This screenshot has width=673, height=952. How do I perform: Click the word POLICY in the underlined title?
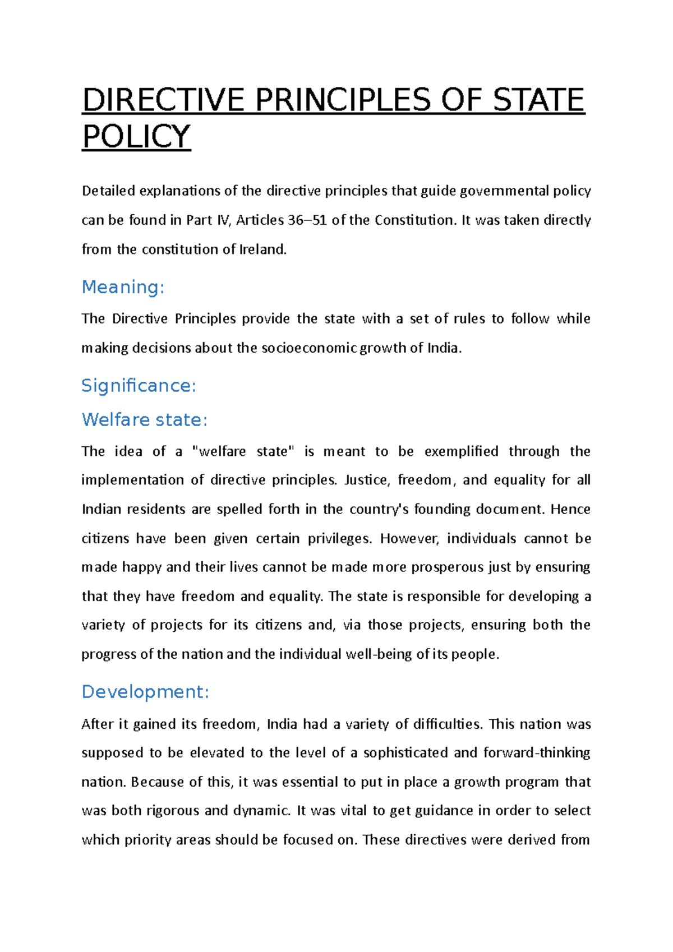click(136, 136)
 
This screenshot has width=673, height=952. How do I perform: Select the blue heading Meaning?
click(123, 287)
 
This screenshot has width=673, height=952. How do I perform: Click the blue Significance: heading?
click(139, 386)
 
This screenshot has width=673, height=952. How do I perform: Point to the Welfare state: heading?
click(145, 419)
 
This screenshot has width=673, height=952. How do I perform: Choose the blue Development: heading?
click(145, 692)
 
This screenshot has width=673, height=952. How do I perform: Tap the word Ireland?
click(262, 249)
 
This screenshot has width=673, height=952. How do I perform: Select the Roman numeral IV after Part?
click(223, 220)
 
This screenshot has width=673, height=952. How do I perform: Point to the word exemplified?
click(461, 451)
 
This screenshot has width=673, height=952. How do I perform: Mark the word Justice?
click(366, 480)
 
